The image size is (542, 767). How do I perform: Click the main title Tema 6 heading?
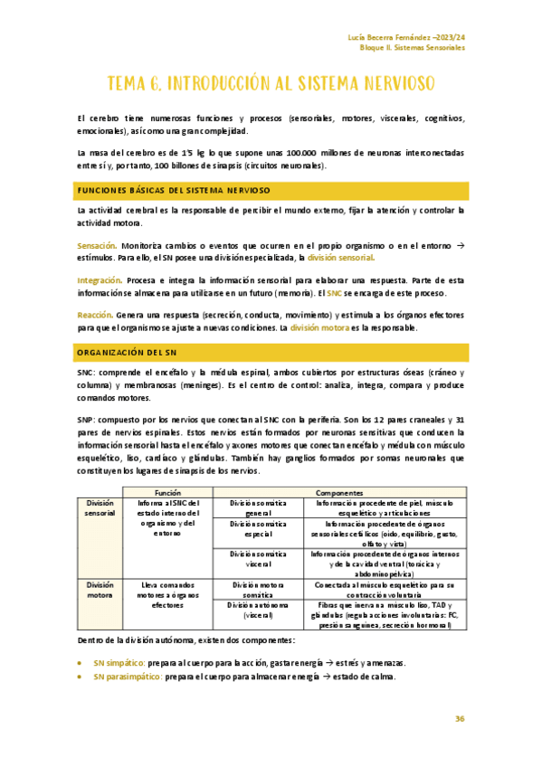(x=271, y=84)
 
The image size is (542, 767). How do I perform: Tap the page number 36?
(x=460, y=718)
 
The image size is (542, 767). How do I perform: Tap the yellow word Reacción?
(x=95, y=315)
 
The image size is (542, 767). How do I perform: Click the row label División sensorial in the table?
(x=100, y=507)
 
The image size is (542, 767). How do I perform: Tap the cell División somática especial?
(x=258, y=528)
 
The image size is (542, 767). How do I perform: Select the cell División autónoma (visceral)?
(x=258, y=610)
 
